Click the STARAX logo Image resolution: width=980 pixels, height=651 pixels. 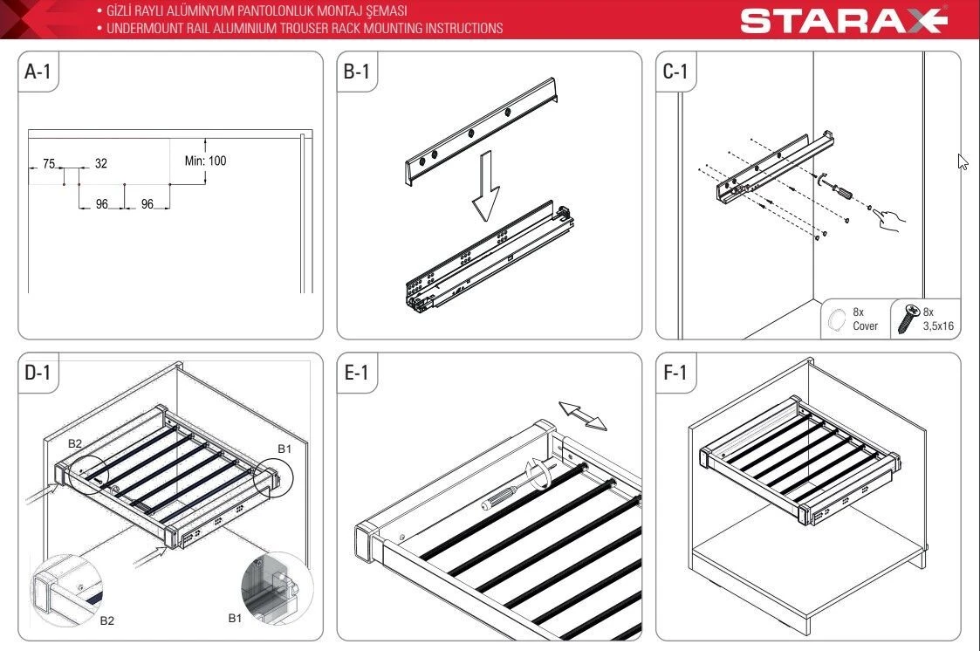844,20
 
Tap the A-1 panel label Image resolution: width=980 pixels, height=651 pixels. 38,72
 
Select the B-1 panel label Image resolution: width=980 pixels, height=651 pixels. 356,72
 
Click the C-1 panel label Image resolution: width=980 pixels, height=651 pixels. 675,72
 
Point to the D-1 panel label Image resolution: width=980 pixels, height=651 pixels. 38,373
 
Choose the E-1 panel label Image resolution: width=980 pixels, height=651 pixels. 356,373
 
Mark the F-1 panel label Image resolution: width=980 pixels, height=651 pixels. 675,373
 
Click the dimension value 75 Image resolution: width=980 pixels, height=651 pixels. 49,164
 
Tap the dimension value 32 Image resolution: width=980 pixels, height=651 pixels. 101,164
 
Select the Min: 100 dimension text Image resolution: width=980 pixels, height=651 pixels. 206,161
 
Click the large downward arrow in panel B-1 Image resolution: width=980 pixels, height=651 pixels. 485,186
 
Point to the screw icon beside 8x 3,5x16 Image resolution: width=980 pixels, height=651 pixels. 908,319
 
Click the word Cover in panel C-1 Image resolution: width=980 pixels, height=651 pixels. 866,326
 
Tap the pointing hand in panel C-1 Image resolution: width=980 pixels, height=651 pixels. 888,219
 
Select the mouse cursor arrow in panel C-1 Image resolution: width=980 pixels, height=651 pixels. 963,161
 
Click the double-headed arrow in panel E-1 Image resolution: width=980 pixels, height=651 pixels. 582,416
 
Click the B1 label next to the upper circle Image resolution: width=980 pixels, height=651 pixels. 284,449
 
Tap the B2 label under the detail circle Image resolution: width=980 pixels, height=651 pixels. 106,620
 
